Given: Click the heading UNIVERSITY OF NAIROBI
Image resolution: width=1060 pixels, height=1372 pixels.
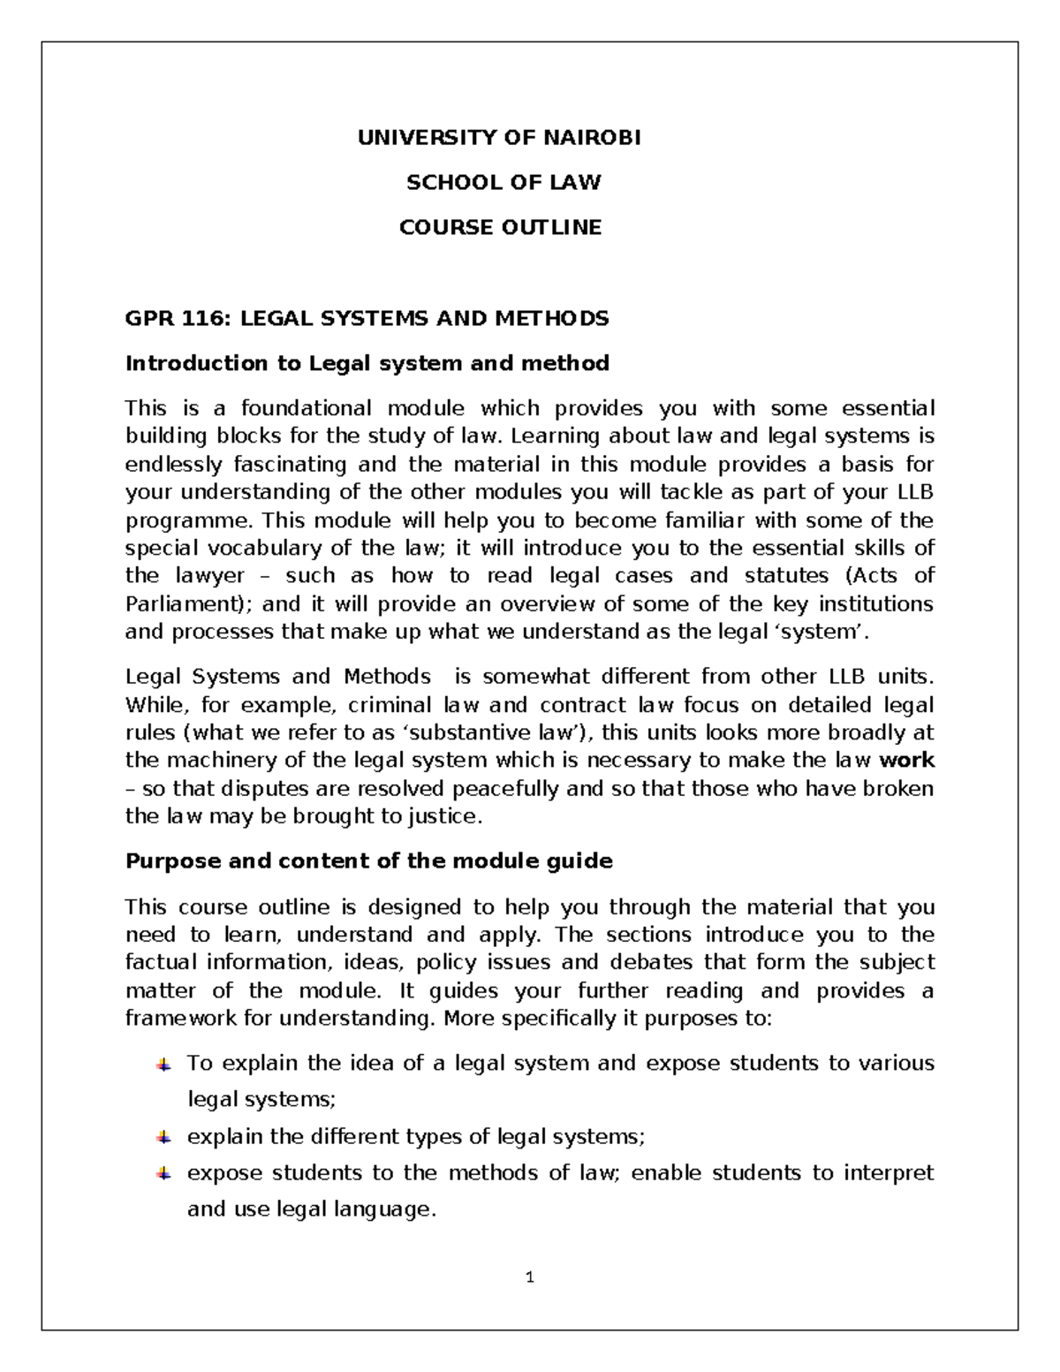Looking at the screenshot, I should pyautogui.click(x=499, y=138).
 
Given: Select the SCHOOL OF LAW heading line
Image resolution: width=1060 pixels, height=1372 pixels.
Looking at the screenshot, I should pyautogui.click(x=503, y=183).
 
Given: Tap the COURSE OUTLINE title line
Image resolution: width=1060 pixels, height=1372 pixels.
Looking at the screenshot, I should pyautogui.click(x=500, y=228).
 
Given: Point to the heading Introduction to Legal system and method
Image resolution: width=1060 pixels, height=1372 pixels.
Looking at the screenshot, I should pyautogui.click(x=367, y=363).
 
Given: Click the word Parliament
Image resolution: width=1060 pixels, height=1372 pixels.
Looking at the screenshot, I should pyautogui.click(x=185, y=604).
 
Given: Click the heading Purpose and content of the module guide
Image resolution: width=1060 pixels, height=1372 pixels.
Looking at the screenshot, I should pyautogui.click(x=369, y=861).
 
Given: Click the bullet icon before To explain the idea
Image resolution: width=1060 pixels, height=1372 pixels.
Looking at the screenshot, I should pyautogui.click(x=163, y=1065).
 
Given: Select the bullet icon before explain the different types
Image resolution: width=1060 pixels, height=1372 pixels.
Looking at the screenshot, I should pyautogui.click(x=163, y=1137).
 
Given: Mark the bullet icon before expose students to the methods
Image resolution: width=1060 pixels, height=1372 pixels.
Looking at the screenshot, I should pyautogui.click(x=163, y=1174).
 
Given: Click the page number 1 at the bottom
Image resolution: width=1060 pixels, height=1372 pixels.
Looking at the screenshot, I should pyautogui.click(x=530, y=1277).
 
